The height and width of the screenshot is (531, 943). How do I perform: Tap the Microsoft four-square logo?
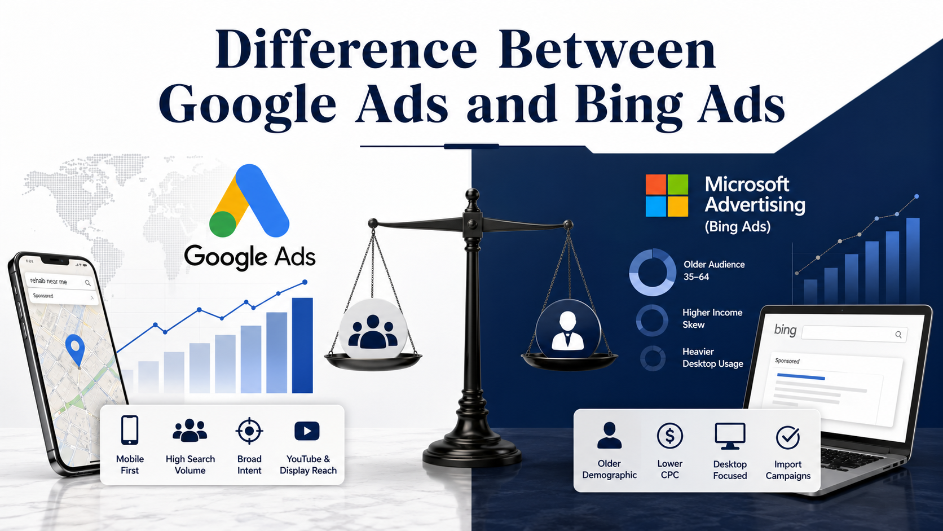[x=667, y=196]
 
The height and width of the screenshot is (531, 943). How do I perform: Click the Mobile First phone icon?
[x=130, y=431]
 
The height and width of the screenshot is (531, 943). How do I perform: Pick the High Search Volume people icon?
[x=190, y=431]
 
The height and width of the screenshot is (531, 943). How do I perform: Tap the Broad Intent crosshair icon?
[x=249, y=431]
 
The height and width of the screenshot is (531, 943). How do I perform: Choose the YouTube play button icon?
[x=307, y=431]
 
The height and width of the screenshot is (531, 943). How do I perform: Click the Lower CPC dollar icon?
[x=669, y=436]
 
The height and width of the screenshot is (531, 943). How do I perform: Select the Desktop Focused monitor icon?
[x=730, y=436]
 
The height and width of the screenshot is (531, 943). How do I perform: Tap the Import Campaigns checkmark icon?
[x=787, y=437]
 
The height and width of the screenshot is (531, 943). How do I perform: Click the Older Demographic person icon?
[x=609, y=436]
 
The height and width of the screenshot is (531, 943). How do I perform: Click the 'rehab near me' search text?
[x=49, y=281]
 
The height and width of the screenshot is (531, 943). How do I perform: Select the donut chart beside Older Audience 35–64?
[x=653, y=272]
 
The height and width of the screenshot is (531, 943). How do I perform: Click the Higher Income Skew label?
[x=712, y=318]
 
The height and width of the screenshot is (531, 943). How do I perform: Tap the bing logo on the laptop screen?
[x=785, y=330]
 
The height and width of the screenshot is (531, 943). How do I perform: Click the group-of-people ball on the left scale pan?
[x=373, y=329]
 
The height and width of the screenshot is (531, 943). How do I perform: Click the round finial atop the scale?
[x=472, y=195]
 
